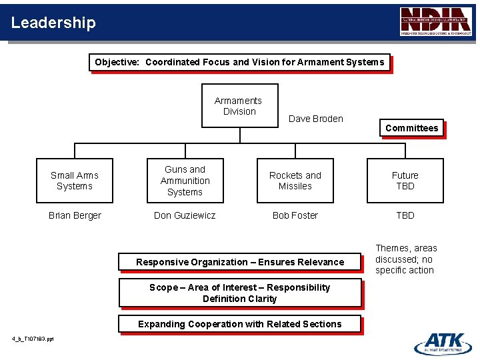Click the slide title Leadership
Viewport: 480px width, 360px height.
(53, 23)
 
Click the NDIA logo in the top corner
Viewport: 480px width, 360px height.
(435, 21)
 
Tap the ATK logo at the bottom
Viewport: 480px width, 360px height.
(443, 343)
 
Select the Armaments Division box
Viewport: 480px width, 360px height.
(239, 105)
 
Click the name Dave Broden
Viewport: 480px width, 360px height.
(315, 119)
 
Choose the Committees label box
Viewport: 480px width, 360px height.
(411, 128)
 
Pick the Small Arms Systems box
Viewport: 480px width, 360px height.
(75, 181)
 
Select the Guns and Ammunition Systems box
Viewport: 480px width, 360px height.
(185, 181)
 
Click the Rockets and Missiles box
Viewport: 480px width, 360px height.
(295, 181)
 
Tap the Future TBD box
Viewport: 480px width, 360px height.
(405, 181)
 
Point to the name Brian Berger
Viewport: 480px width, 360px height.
(75, 215)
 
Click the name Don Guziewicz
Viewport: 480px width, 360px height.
(185, 215)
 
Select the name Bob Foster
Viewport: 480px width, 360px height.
(295, 215)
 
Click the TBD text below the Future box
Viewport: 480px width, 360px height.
(405, 215)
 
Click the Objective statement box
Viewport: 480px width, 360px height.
(239, 62)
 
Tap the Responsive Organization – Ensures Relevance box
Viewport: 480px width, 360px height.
(240, 262)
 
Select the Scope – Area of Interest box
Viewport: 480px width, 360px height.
(239, 293)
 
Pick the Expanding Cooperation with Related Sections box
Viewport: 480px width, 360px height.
(239, 324)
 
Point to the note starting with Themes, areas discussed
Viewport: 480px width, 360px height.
(405, 259)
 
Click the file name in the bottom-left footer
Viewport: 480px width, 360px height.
(33, 339)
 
